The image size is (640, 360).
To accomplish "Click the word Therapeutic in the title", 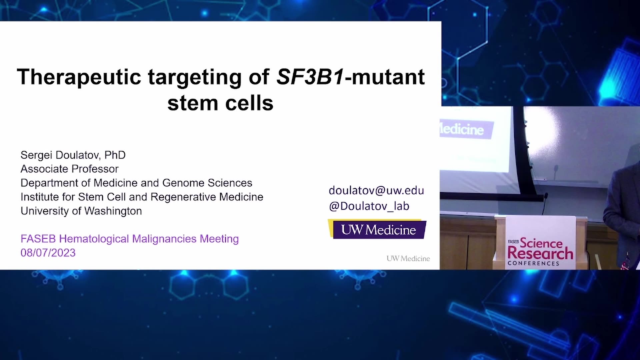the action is [79, 77].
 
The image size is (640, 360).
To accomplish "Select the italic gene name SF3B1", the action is [310, 77].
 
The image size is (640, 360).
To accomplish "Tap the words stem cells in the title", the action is [220, 103].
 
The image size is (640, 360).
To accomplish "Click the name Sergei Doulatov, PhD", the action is [73, 155].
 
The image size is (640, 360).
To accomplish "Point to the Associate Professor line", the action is [69, 169].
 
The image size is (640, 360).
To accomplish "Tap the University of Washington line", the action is [81, 211].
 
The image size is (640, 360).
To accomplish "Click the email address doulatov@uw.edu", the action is [376, 190].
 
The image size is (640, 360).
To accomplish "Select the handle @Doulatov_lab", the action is [369, 206].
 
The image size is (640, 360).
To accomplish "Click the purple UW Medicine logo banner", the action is [377, 229].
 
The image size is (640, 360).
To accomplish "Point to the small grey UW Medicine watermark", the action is [408, 258].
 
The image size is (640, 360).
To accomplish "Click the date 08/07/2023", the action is [48, 253].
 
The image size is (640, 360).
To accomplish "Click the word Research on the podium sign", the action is [540, 253].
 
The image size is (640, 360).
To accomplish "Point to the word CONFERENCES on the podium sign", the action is [533, 263].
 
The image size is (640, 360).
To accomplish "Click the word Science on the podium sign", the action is [541, 243].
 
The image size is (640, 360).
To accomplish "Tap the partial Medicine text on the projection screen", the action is [462, 129].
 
